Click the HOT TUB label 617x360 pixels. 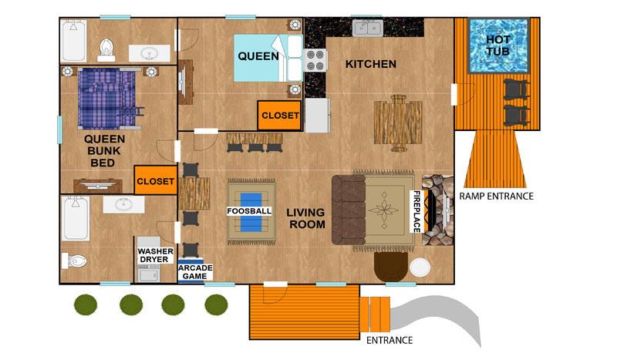click(x=497, y=45)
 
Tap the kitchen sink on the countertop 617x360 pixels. click(x=368, y=28)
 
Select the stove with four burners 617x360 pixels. click(x=315, y=60)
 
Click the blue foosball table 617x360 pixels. click(x=251, y=212)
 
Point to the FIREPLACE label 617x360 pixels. click(x=416, y=212)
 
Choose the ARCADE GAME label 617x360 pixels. click(x=195, y=272)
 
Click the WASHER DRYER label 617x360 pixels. click(x=156, y=255)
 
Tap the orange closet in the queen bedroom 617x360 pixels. click(x=280, y=116)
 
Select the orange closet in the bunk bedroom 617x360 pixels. click(x=156, y=180)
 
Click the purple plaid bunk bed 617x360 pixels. click(x=108, y=99)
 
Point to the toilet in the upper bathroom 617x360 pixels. click(x=106, y=49)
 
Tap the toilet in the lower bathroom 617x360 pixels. click(x=74, y=261)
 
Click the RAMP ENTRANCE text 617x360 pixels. click(x=496, y=196)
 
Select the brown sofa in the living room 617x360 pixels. click(x=349, y=210)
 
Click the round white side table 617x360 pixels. click(x=420, y=267)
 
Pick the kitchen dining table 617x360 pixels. click(x=398, y=123)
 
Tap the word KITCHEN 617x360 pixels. click(x=371, y=64)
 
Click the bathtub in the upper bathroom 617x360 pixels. click(x=73, y=42)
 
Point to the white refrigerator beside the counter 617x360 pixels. click(x=317, y=116)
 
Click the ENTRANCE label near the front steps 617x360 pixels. click(x=389, y=340)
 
